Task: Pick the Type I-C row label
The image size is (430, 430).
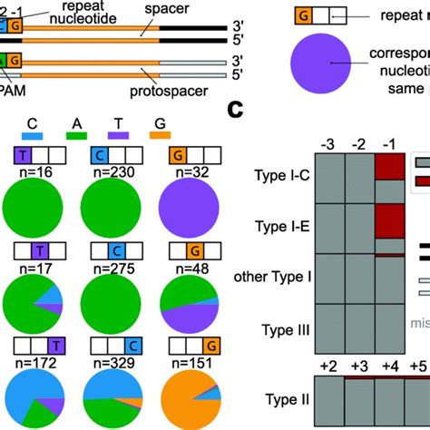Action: (x=279, y=173)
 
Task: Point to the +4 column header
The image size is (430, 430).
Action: (x=390, y=365)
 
